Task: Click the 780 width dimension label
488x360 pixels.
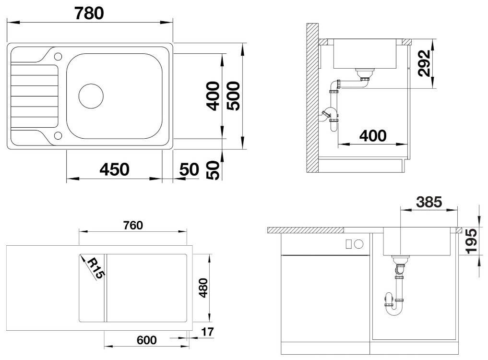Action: pos(89,13)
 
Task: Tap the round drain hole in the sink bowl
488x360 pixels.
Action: pos(91,96)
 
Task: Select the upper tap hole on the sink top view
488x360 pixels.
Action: pos(58,56)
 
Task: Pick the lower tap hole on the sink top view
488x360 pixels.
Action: pos(58,135)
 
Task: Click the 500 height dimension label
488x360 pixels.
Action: pos(233,96)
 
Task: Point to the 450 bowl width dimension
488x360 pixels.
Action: pos(114,170)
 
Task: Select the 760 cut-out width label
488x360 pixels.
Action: pos(133,225)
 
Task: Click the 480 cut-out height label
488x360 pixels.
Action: pos(203,288)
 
